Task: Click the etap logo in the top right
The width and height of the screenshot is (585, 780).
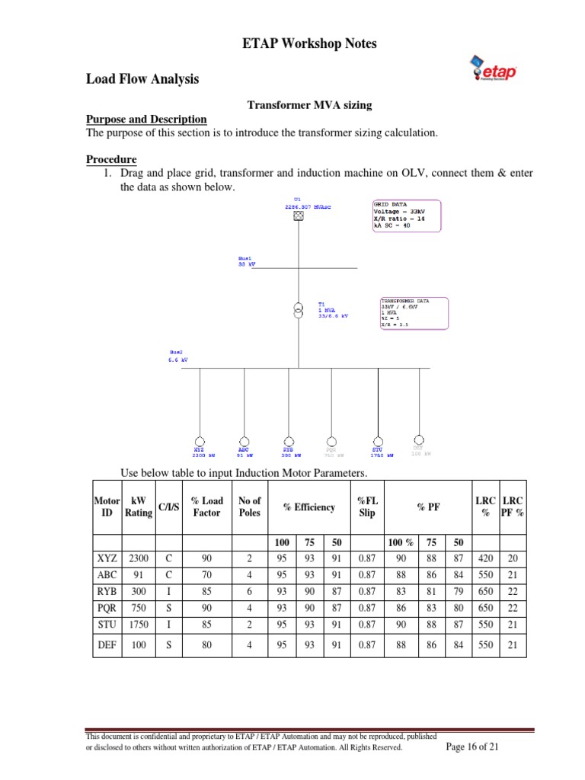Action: pos(494,72)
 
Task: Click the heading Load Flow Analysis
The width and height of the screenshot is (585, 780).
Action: pos(142,78)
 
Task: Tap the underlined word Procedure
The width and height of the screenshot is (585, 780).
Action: pos(111,159)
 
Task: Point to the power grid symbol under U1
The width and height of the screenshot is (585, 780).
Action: pos(299,216)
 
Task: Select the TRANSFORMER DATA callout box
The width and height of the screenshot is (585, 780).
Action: pos(414,312)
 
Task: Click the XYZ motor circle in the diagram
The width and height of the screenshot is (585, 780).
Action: pos(199,440)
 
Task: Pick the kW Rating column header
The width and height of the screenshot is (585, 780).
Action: pos(139,507)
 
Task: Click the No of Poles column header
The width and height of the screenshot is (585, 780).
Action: pos(249,507)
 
